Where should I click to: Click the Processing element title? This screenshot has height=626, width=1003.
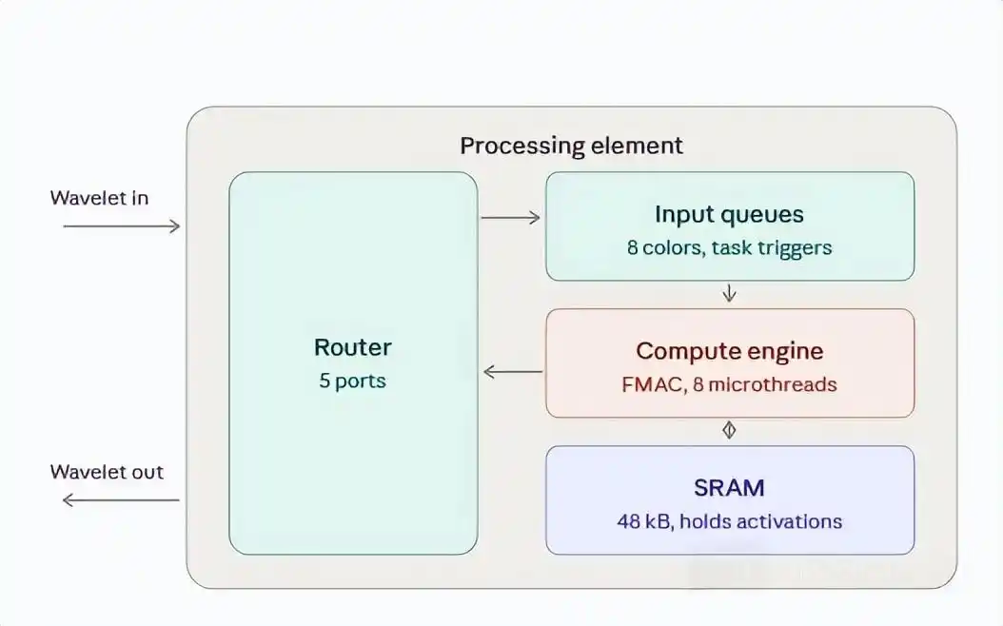click(x=571, y=146)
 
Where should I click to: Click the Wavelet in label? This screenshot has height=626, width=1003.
click(x=99, y=198)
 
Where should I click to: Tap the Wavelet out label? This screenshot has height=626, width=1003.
click(x=107, y=472)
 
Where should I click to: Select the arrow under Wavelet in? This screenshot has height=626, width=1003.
click(x=122, y=225)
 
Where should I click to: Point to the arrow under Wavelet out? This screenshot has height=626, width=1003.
click(x=121, y=500)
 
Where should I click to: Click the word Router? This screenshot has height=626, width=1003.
click(x=352, y=347)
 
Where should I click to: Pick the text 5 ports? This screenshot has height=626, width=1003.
click(x=352, y=381)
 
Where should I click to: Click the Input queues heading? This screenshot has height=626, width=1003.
click(x=729, y=214)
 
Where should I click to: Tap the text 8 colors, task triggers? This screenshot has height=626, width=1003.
click(x=729, y=247)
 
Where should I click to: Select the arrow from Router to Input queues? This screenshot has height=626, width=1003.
click(x=510, y=218)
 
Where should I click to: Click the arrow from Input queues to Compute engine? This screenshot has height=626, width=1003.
click(x=729, y=294)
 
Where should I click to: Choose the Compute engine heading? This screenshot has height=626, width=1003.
click(x=729, y=351)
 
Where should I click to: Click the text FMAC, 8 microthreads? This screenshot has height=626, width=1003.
click(x=729, y=384)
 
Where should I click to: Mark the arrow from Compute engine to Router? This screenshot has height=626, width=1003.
click(x=513, y=371)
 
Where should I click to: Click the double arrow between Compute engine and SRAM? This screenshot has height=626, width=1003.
click(x=729, y=430)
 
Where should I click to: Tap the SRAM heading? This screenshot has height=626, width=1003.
click(x=729, y=488)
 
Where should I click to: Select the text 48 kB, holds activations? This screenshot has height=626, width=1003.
click(x=729, y=521)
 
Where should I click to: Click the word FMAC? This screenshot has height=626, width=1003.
click(x=653, y=385)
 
